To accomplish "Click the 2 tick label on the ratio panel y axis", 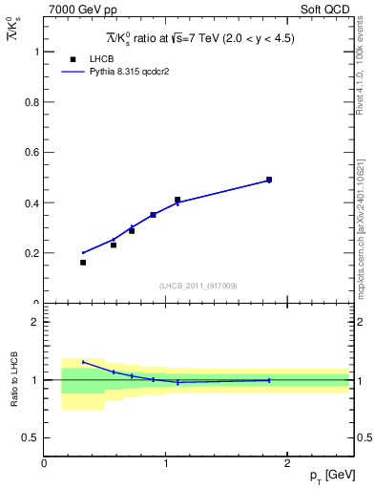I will tap(36, 322).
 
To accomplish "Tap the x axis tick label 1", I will tap(166, 463).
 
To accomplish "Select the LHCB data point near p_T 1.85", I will tap(269, 180).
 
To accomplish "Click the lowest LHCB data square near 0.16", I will tap(83, 263).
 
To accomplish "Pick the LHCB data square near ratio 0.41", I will tap(177, 200).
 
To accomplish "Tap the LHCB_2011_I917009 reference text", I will tap(198, 286).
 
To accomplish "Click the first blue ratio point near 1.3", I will tap(83, 362).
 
